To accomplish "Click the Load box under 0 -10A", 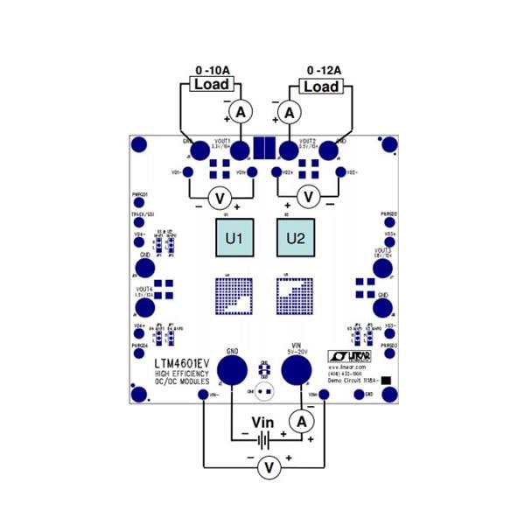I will pos(212,84).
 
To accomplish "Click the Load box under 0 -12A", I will pos(320,86).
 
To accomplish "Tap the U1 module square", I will pos(234,238).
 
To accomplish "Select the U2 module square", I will pos(295,238).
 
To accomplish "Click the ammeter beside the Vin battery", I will pos(302,422).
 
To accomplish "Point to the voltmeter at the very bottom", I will pos(269,470).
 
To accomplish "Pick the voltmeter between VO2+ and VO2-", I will pos(305,196).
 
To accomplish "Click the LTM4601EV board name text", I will pos(180,362).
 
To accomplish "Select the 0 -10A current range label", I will pos(213,69).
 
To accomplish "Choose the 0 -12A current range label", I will pos(324,69).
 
